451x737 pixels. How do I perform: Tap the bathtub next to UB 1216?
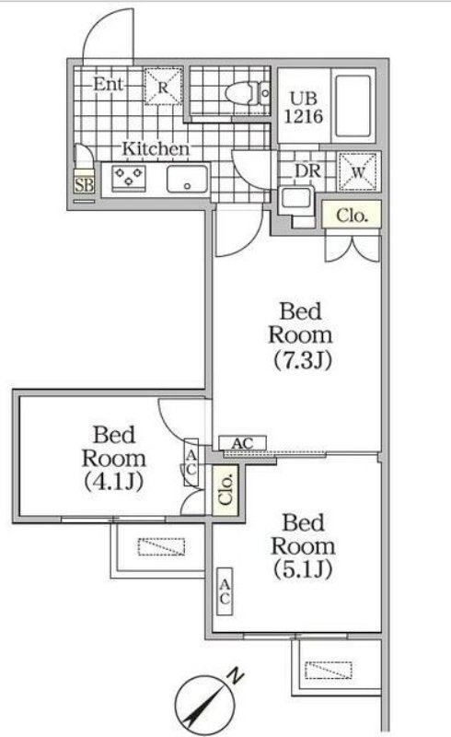pos(353,105)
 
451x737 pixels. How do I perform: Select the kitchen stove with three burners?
pos(129,178)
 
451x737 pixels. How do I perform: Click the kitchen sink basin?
pos(188,179)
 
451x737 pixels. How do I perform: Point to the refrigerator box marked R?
pos(163,87)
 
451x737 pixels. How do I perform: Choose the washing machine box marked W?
pos(358,171)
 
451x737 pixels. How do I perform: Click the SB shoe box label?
pos(84,185)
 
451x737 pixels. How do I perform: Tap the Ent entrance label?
pos(108,84)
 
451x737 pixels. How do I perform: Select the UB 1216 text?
pos(304,107)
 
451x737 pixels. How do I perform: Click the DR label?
pos(307,171)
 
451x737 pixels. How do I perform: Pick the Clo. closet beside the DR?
pos(351,216)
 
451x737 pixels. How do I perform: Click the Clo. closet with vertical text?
pos(225,490)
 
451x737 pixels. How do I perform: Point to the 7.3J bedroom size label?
pos(303,360)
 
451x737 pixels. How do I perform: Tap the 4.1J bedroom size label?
pos(114,481)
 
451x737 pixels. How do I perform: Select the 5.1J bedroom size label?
pos(303,569)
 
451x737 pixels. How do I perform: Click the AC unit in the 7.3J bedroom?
pos(242,443)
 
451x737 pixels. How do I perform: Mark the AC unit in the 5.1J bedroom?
pos(225,591)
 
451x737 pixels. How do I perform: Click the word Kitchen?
pos(156,148)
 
